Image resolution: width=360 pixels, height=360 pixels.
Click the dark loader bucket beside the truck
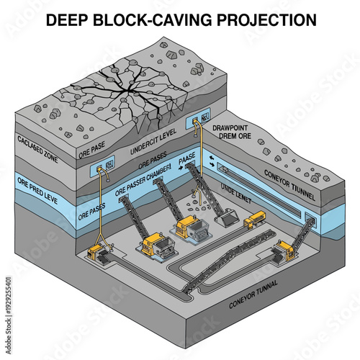pyautogui.click(x=228, y=216)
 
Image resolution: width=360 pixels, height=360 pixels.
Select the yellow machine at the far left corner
pyautogui.click(x=97, y=253)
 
